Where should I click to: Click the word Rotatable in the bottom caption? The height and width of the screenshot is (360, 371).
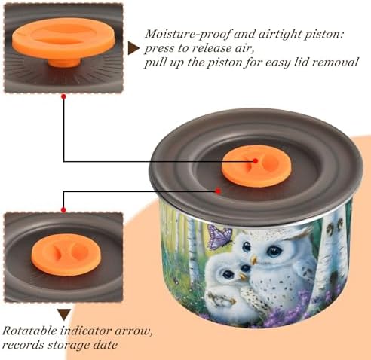click(29, 331)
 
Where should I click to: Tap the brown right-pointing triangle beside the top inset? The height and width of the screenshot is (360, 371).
click(133, 48)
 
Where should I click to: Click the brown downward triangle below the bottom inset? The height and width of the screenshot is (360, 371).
click(64, 315)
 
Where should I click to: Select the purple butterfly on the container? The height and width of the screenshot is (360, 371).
click(219, 236)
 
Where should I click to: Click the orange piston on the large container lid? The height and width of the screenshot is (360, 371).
click(256, 166)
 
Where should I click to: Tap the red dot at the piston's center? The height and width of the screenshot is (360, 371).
click(255, 160)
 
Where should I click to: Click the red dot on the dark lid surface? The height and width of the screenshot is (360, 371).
click(218, 191)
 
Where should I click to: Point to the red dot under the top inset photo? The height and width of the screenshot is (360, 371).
click(63, 96)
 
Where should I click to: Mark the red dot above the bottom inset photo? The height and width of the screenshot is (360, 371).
click(63, 209)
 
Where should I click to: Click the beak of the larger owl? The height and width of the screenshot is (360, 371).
click(253, 260)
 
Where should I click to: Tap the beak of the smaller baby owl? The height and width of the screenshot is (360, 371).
click(242, 276)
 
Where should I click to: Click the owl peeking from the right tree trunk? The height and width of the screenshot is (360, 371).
click(333, 226)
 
